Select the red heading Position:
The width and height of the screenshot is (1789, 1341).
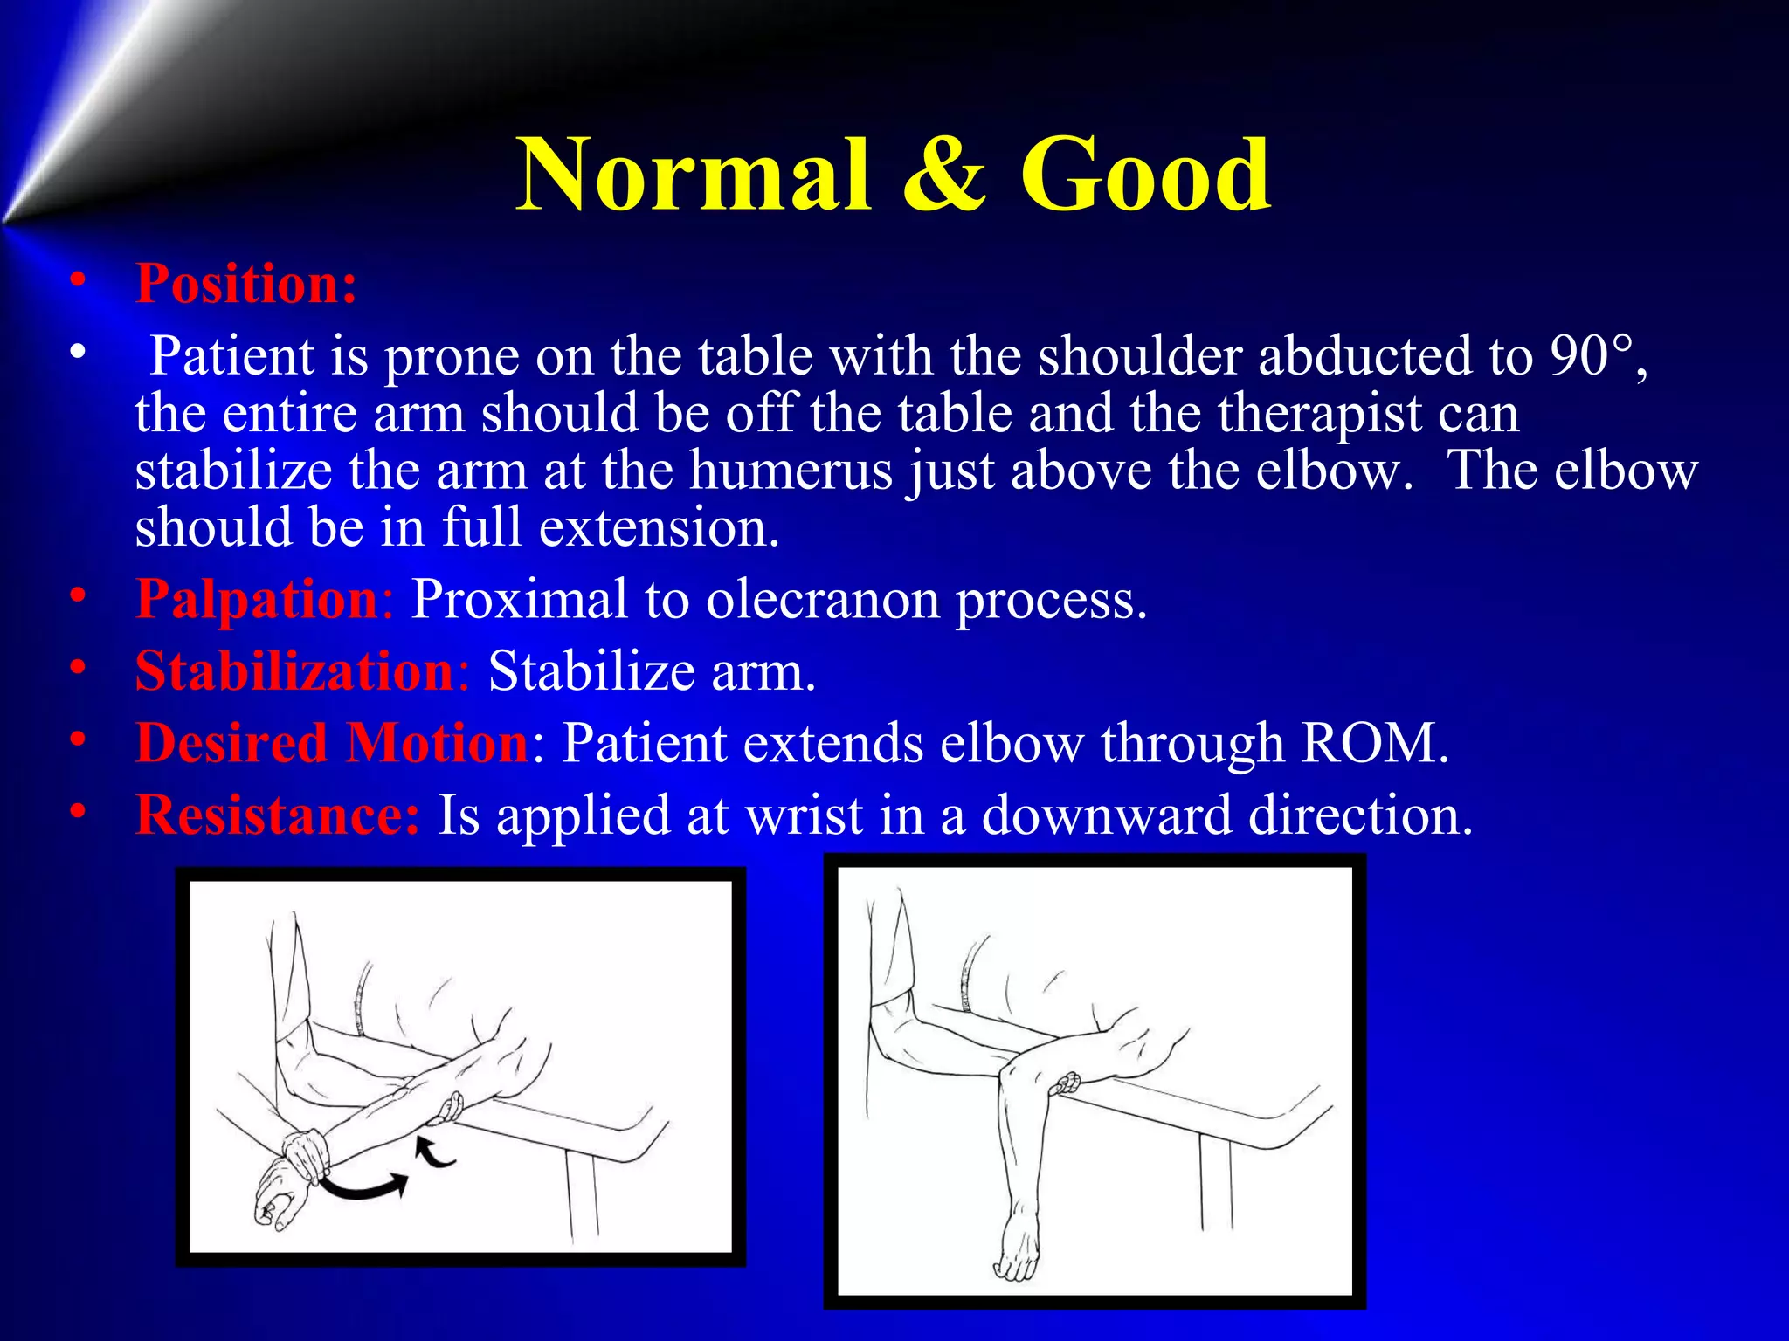246,284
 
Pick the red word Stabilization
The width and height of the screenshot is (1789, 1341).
295,672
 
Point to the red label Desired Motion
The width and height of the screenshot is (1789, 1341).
332,744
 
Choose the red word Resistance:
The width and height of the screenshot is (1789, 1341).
278,815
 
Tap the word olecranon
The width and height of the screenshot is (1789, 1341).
822,601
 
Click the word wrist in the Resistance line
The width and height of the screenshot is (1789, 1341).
804,815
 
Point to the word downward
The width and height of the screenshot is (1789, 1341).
1106,815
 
